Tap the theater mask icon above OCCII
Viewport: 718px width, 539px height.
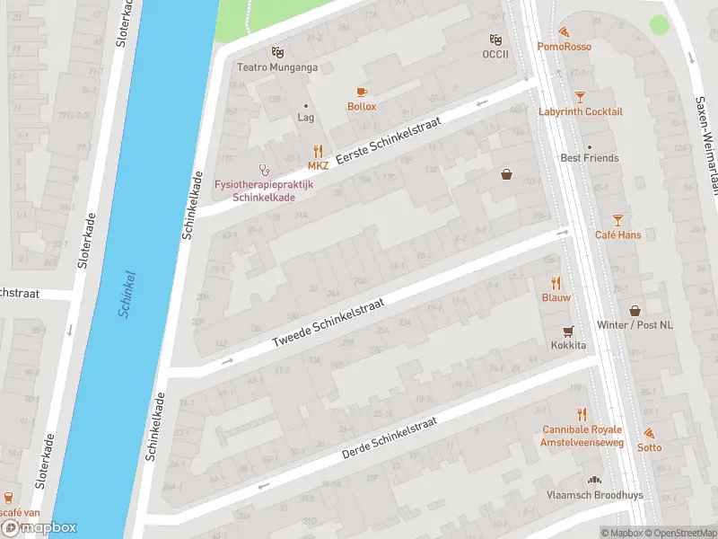pyautogui.click(x=495, y=39)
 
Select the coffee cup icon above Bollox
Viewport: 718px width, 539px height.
pyautogui.click(x=362, y=92)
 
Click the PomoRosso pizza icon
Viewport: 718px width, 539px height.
pyautogui.click(x=564, y=31)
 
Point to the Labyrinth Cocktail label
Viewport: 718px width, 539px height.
pyautogui.click(x=580, y=111)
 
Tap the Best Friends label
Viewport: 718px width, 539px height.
pyautogui.click(x=590, y=158)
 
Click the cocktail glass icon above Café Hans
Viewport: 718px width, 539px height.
pyautogui.click(x=617, y=219)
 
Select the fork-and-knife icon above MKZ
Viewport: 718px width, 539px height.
pyautogui.click(x=318, y=151)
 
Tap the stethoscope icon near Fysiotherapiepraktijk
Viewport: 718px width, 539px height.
pyautogui.click(x=264, y=168)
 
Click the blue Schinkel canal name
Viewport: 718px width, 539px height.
pyautogui.click(x=127, y=294)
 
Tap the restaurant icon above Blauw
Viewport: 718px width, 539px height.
pyautogui.click(x=556, y=282)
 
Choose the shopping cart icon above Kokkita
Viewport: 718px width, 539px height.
pyautogui.click(x=567, y=331)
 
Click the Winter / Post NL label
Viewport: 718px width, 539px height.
pyautogui.click(x=635, y=324)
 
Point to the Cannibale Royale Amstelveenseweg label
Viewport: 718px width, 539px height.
pyautogui.click(x=582, y=436)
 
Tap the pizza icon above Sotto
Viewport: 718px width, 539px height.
pyautogui.click(x=649, y=433)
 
